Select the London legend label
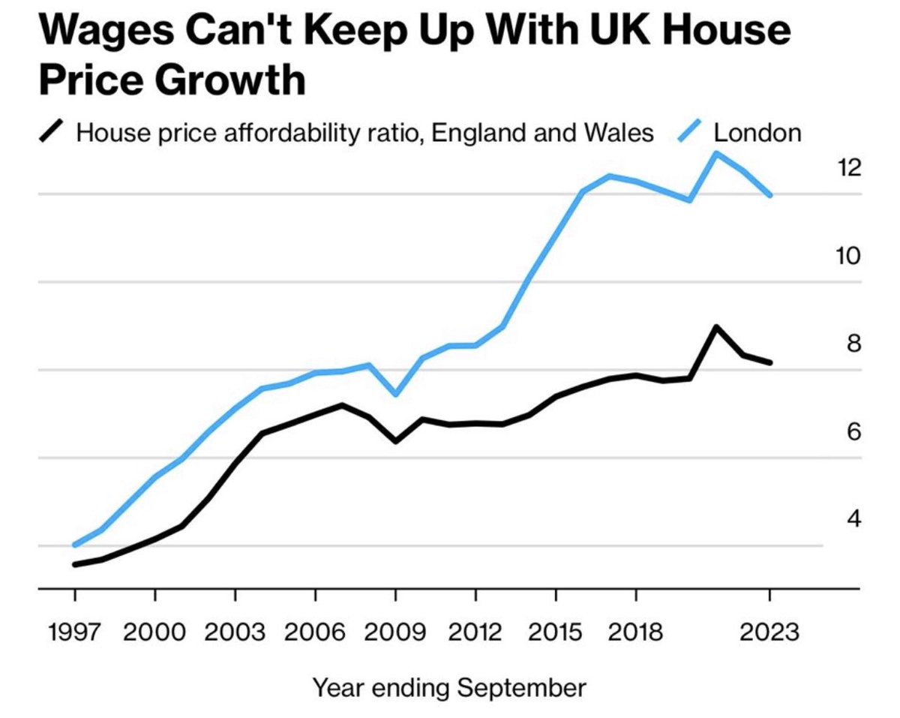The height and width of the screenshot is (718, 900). pyautogui.click(x=757, y=133)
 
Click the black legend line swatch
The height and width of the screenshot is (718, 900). pyautogui.click(x=52, y=133)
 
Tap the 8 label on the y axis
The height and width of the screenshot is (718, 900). pyautogui.click(x=853, y=343)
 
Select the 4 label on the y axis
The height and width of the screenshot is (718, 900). pyautogui.click(x=853, y=518)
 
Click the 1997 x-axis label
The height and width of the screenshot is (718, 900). pyautogui.click(x=74, y=632)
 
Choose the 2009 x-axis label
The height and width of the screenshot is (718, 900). pyautogui.click(x=395, y=632)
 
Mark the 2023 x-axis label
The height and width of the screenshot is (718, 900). pyautogui.click(x=769, y=632)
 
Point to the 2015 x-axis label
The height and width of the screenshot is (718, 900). pyautogui.click(x=556, y=632)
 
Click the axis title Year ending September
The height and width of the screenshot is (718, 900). pyautogui.click(x=449, y=686)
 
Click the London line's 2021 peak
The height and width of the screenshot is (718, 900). pyautogui.click(x=716, y=154)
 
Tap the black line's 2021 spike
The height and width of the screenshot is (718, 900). pyautogui.click(x=716, y=327)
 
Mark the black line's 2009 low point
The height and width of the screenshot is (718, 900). pyautogui.click(x=395, y=441)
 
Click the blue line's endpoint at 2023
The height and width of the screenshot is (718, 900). pyautogui.click(x=769, y=196)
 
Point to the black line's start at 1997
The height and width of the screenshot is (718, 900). pyautogui.click(x=74, y=564)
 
